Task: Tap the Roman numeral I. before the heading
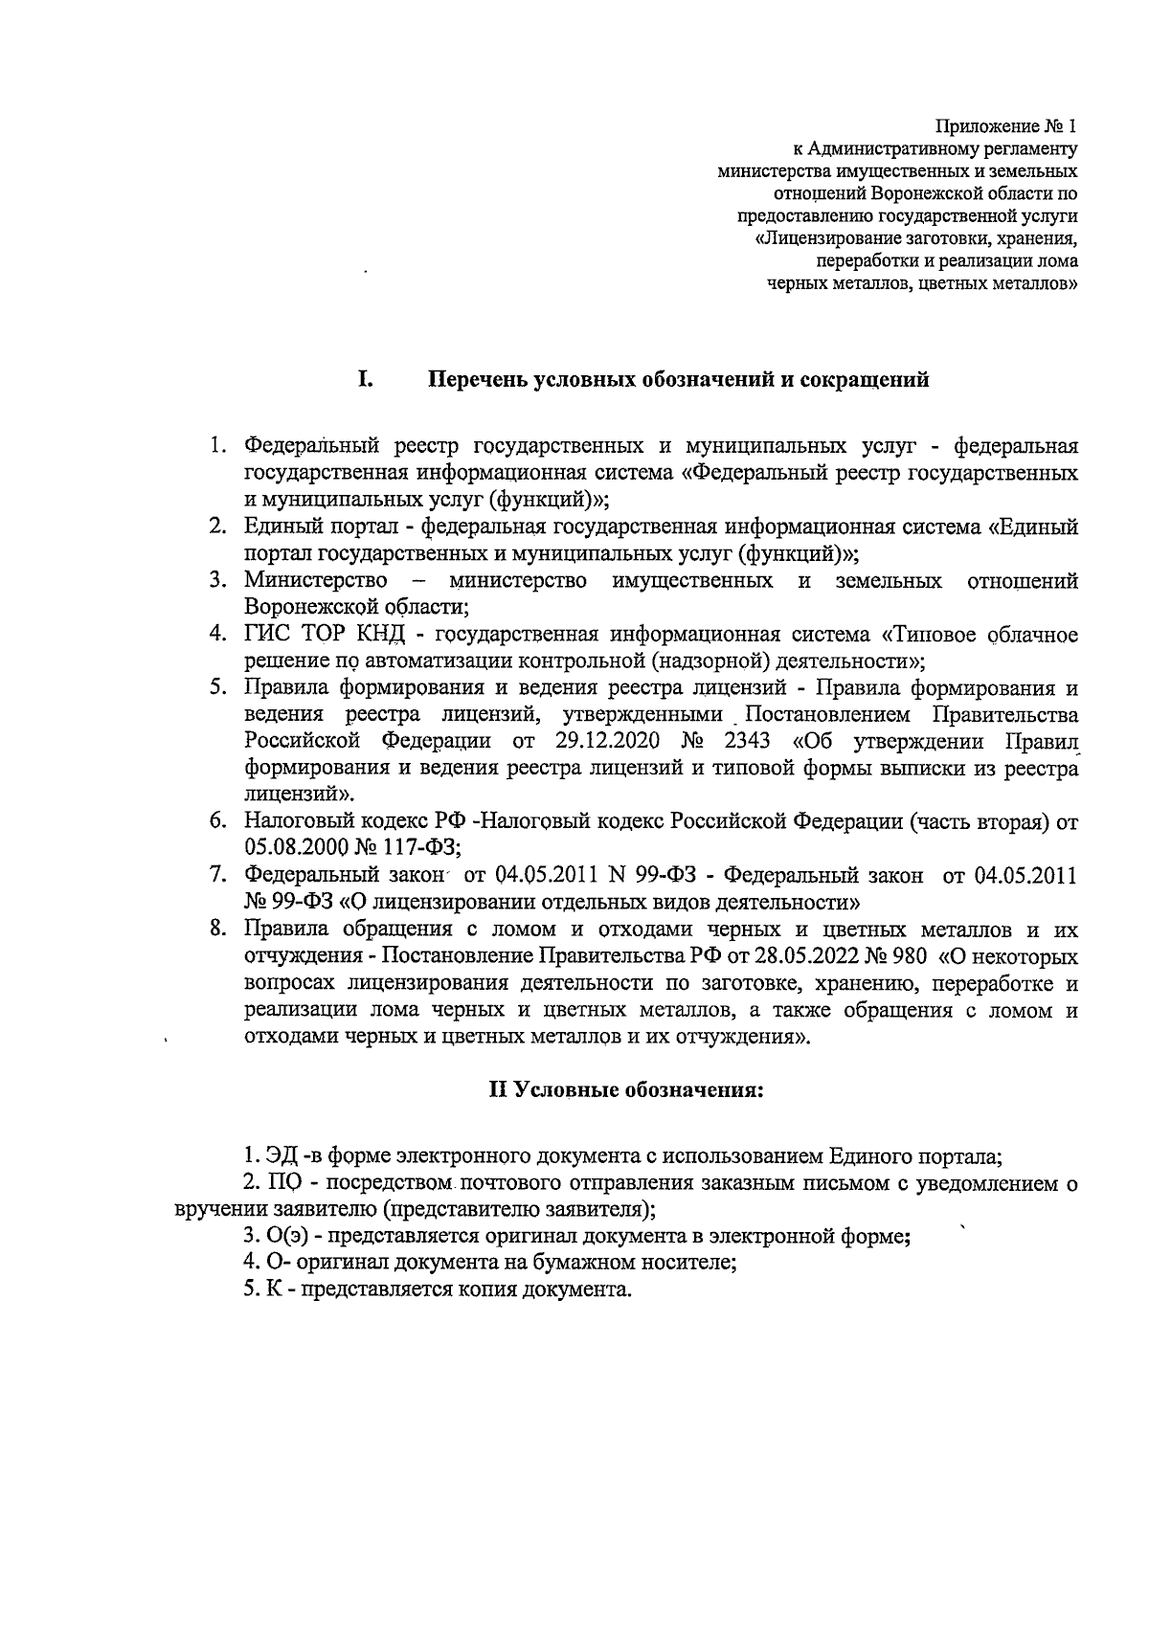click(x=365, y=380)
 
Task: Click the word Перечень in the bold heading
click(x=476, y=381)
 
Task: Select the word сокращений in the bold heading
click(x=870, y=381)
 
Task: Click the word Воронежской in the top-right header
click(x=913, y=193)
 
